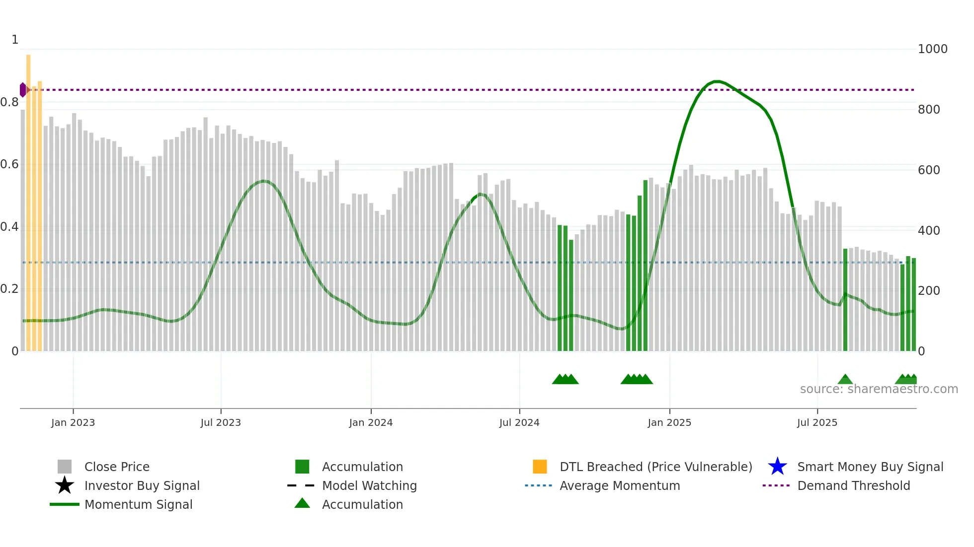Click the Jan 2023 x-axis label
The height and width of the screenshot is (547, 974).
[73, 422]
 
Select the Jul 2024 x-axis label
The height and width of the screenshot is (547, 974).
[519, 422]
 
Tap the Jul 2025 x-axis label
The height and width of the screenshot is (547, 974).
[817, 422]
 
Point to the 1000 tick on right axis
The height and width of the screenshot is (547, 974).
[932, 49]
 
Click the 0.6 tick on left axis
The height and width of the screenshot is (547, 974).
[9, 164]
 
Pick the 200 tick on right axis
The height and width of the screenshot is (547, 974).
[929, 291]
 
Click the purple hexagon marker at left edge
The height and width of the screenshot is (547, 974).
[23, 90]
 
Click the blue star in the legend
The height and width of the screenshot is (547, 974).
[777, 467]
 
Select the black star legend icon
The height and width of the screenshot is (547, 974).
[65, 485]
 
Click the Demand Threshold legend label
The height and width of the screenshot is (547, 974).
[853, 485]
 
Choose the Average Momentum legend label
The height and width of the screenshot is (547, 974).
[620, 485]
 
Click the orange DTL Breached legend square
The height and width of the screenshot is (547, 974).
[540, 467]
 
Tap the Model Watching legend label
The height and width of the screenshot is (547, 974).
[369, 485]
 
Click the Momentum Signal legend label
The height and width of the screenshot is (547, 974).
[138, 504]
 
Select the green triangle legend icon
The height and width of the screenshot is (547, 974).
[302, 504]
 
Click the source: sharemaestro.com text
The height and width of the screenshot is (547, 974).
[879, 389]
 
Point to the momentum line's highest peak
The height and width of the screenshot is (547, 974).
[716, 81]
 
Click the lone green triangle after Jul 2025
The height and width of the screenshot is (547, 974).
[845, 380]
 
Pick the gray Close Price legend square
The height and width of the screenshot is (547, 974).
[65, 467]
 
